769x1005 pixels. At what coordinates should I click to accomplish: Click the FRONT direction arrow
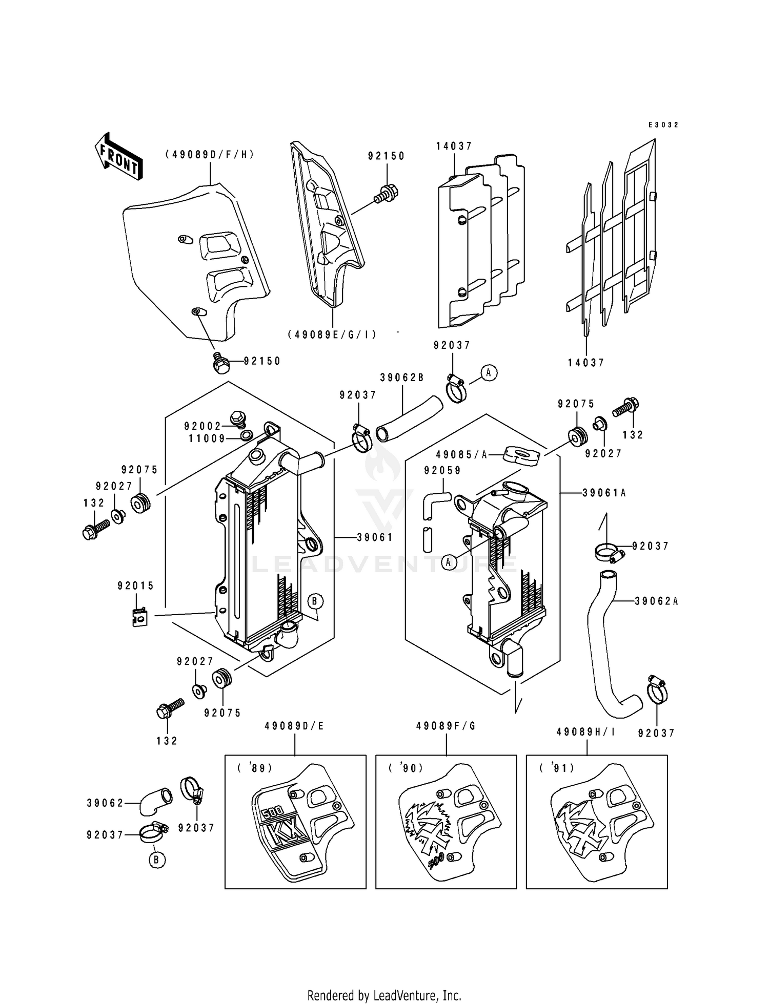(x=118, y=156)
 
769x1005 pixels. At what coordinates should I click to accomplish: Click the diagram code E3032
(x=662, y=125)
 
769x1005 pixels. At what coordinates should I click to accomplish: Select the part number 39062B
(x=402, y=378)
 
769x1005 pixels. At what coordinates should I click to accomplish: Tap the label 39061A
(x=604, y=493)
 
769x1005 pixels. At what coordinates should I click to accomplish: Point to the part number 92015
(x=135, y=586)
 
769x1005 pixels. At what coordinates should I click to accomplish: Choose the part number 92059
(x=442, y=470)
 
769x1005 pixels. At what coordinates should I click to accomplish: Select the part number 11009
(x=207, y=438)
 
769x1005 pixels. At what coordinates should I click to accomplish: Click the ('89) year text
(x=254, y=768)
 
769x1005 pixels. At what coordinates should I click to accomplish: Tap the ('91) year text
(x=557, y=768)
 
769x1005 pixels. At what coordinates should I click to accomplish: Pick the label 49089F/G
(x=446, y=726)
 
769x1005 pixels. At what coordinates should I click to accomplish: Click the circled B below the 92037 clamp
(x=157, y=860)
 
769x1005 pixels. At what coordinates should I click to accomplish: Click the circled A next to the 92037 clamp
(x=488, y=373)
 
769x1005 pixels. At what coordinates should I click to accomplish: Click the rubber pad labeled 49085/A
(x=521, y=454)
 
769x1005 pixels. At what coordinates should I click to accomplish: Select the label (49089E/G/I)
(x=332, y=334)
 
